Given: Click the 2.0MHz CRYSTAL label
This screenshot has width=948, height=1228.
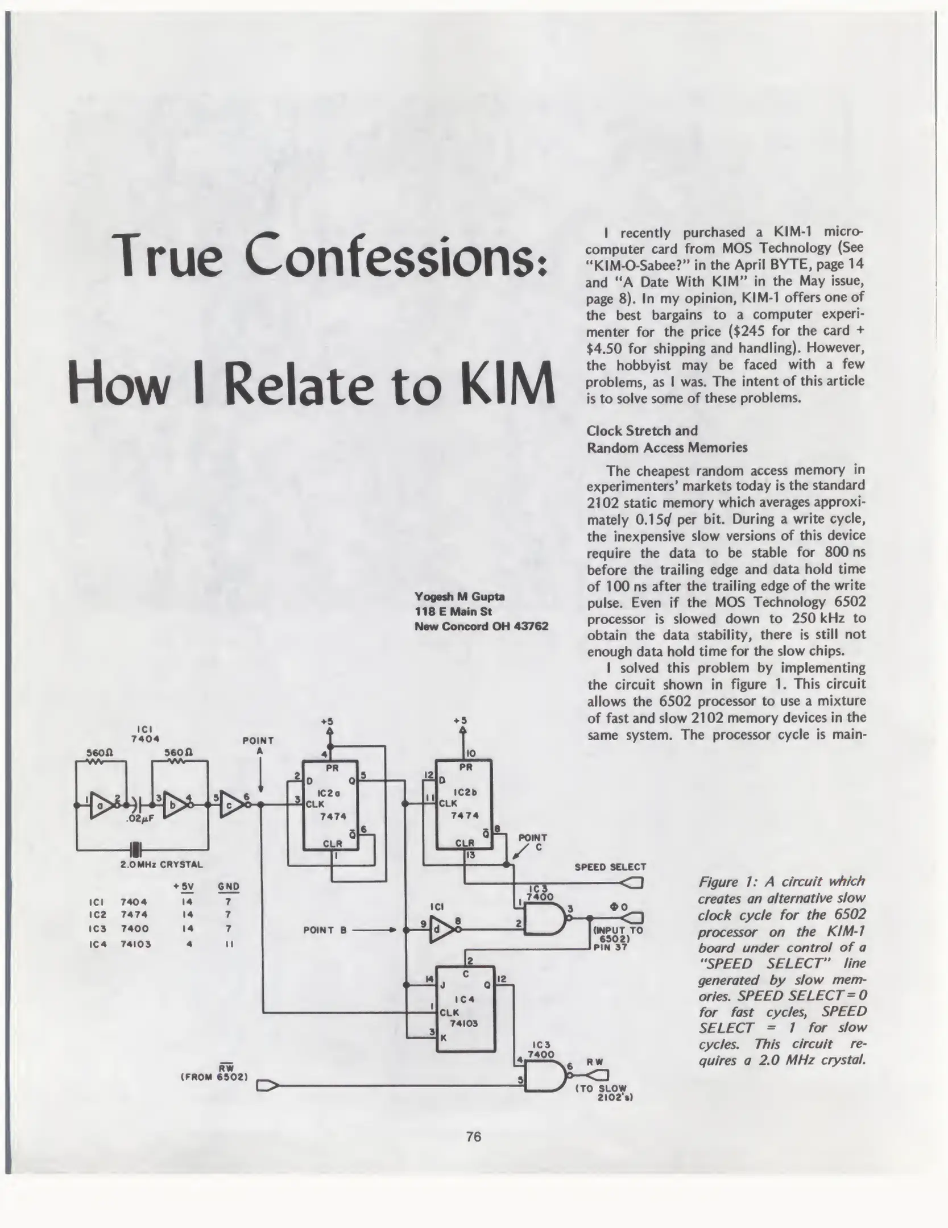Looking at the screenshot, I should pos(161,865).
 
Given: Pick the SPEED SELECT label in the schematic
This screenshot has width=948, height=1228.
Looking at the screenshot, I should pos(610,867).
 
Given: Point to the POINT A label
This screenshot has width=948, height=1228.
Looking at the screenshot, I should pos(258,745).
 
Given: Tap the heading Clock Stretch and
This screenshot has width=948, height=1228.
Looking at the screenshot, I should pos(641,430).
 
